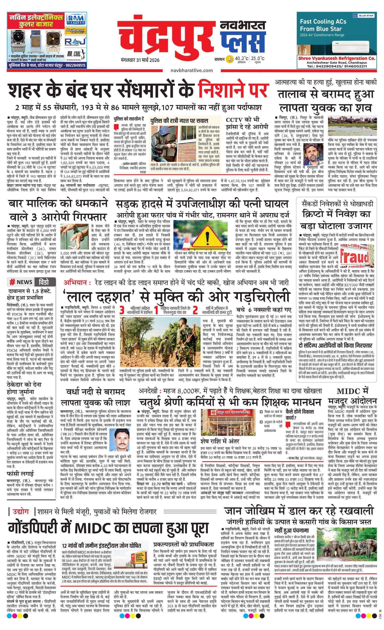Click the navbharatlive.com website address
pyautogui.click(x=191, y=70)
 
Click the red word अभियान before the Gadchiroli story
pyautogui.click(x=76, y=282)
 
